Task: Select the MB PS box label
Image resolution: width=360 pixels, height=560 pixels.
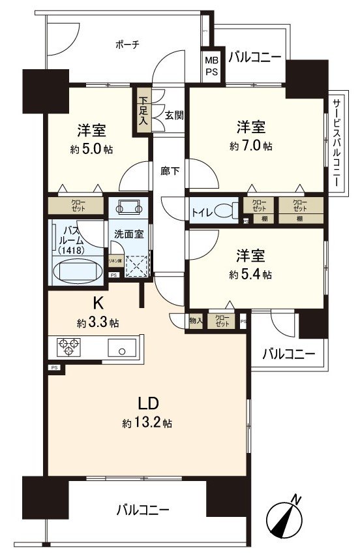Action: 211,66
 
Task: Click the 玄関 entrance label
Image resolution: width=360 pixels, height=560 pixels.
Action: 173,116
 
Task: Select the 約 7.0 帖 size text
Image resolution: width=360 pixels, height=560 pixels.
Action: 250,146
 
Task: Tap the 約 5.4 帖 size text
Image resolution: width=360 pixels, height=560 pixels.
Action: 250,275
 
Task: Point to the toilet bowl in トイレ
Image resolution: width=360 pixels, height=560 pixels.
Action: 225,211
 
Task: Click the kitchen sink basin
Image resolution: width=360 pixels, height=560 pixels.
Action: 122,350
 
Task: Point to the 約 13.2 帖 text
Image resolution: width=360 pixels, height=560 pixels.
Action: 147,423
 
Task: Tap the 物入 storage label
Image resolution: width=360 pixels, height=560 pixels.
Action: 196,321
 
